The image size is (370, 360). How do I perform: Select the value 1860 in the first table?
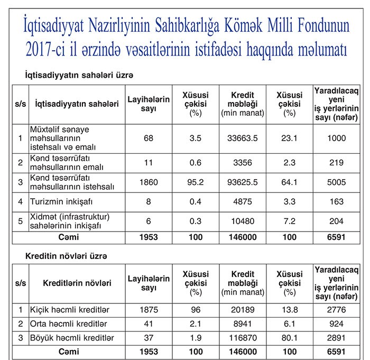point(149,182)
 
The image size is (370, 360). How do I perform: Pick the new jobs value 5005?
point(337,182)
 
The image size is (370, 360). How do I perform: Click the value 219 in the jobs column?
point(337,163)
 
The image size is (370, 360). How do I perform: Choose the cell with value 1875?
point(149,309)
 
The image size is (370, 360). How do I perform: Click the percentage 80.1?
point(289,337)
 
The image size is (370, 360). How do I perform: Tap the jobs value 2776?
point(337,309)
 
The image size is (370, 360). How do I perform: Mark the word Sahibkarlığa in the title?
point(204,25)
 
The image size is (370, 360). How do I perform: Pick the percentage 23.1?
point(289,139)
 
